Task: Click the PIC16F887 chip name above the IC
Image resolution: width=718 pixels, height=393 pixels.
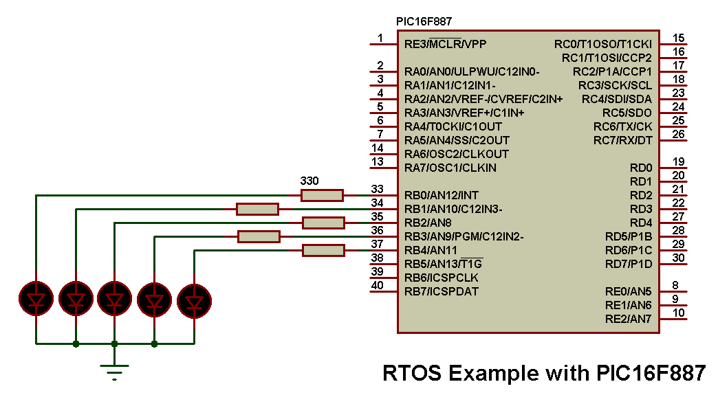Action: pyautogui.click(x=424, y=21)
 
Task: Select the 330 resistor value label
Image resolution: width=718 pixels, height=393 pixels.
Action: pyautogui.click(x=310, y=181)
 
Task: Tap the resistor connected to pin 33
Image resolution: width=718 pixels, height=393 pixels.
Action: pyautogui.click(x=322, y=195)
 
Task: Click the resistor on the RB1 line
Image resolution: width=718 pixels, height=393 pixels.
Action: pyautogui.click(x=257, y=209)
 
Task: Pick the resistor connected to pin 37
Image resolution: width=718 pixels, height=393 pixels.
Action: pyautogui.click(x=323, y=250)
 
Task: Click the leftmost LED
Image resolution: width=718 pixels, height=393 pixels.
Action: pyautogui.click(x=36, y=300)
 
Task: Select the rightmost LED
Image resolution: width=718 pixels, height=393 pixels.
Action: pyautogui.click(x=195, y=300)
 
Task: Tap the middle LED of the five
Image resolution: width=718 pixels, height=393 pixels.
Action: pyautogui.click(x=114, y=300)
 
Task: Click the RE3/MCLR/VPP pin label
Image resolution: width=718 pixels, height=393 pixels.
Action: pyautogui.click(x=445, y=44)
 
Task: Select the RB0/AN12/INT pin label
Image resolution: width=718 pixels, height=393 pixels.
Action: pyautogui.click(x=442, y=195)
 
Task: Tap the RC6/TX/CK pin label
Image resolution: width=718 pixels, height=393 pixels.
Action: pyautogui.click(x=622, y=126)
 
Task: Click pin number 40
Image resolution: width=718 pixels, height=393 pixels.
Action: pyautogui.click(x=377, y=285)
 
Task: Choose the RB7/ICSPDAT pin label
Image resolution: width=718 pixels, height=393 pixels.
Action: pyautogui.click(x=442, y=291)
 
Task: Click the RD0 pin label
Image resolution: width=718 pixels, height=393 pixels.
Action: pyautogui.click(x=640, y=168)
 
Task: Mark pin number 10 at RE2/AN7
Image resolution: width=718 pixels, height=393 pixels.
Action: pyautogui.click(x=678, y=313)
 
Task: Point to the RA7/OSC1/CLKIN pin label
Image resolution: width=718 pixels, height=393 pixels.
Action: pyautogui.click(x=450, y=168)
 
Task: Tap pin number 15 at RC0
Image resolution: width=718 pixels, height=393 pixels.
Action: pyautogui.click(x=678, y=38)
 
